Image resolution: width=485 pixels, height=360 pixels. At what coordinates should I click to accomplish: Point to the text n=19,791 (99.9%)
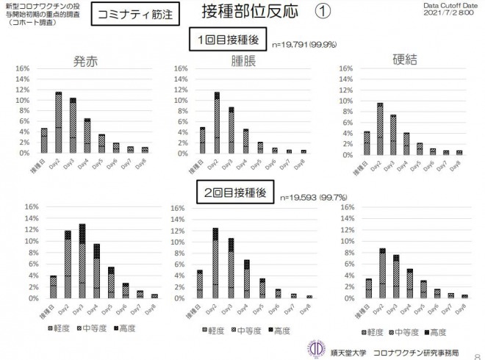click(304, 45)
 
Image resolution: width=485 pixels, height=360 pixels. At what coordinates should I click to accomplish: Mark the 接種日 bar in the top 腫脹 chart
click(202, 140)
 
